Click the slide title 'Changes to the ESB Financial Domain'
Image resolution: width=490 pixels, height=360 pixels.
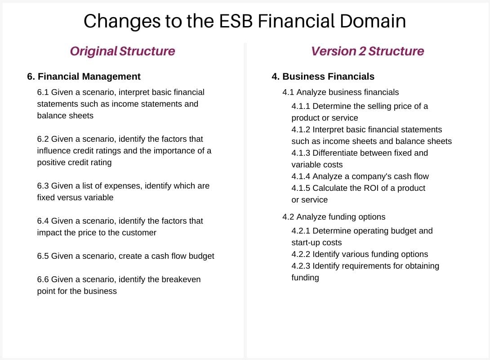pos(245,21)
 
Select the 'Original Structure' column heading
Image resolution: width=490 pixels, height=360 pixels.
pos(122,51)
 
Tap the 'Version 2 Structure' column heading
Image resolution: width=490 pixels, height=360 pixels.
pos(367,51)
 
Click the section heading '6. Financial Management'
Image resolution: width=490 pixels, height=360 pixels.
pos(84,76)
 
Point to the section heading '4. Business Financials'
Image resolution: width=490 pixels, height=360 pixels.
pos(323,76)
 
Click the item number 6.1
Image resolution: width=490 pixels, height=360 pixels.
pos(43,92)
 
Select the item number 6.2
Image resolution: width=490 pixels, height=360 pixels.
pos(43,139)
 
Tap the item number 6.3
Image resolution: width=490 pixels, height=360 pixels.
pos(43,186)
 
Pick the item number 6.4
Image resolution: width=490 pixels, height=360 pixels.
pos(43,221)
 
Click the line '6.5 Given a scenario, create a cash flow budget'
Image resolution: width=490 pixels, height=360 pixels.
pos(125,256)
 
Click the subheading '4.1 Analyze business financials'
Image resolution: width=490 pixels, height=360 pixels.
pos(340,92)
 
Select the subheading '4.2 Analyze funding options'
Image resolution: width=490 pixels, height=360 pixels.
pos(334,217)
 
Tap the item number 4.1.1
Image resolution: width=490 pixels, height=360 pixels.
pos(301,106)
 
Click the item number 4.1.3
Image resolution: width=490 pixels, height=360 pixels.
pos(301,153)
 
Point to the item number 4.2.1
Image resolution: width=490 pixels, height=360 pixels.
pos(301,231)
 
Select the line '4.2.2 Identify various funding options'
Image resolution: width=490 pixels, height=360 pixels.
pos(360,254)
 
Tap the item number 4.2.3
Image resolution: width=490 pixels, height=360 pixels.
pos(301,266)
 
